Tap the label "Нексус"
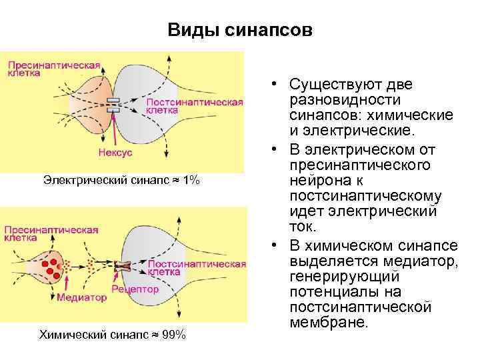click(115, 153)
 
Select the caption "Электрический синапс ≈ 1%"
click(121, 180)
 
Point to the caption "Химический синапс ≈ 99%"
click(112, 334)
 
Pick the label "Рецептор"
click(135, 289)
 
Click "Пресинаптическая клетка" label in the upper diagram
click(53, 69)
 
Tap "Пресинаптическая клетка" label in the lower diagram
click(52, 234)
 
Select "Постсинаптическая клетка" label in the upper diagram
click(194, 107)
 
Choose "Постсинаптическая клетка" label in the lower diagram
click(196, 267)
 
